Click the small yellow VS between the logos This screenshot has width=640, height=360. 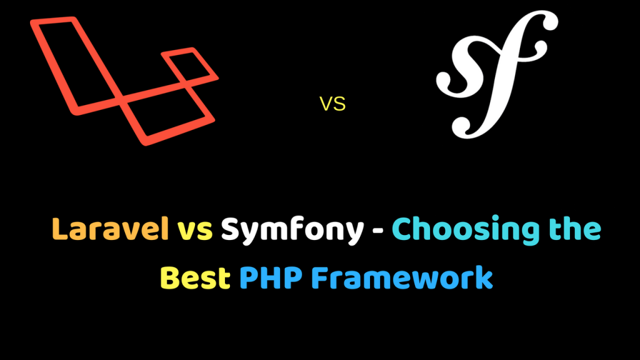[x=332, y=104]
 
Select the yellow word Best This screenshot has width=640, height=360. [x=195, y=277]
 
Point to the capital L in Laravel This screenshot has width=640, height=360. [x=61, y=231]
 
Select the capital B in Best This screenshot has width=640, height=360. [x=171, y=277]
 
